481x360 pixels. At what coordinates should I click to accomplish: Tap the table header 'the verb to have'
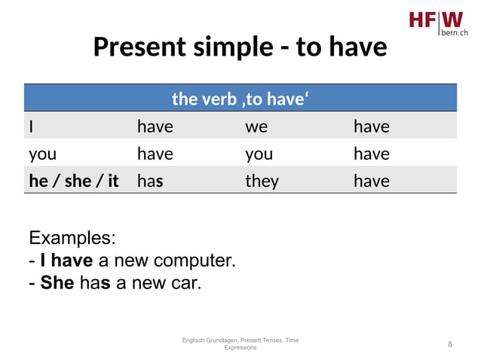pos(240,98)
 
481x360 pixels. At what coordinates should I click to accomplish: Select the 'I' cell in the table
pos(31,127)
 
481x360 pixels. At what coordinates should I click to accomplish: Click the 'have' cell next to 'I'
pos(155,127)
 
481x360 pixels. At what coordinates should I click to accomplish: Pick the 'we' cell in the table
pos(256,127)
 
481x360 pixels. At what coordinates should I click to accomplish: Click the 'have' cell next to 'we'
pos(371,127)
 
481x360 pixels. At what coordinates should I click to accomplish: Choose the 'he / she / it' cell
pos(74,181)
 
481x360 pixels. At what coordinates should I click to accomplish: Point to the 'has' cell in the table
pos(150,181)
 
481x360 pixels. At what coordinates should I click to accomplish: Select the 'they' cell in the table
pos(262,181)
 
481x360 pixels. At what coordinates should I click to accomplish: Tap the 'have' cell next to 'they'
pos(371,181)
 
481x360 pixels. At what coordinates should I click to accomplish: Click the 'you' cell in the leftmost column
pos(42,154)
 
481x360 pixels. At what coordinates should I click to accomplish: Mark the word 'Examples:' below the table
pos(72,238)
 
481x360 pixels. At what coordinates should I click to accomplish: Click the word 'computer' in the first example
pos(194,261)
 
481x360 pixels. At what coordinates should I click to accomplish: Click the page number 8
pos(450,344)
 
